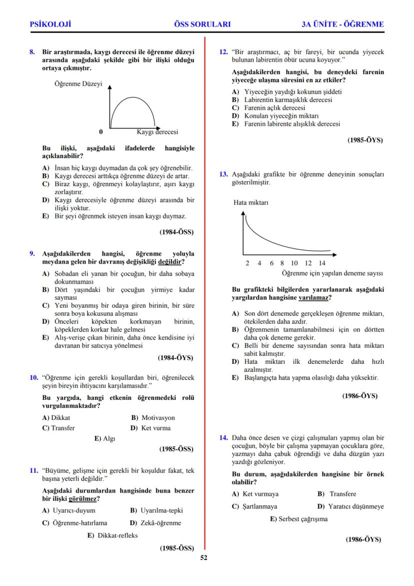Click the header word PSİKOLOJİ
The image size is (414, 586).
coord(50,24)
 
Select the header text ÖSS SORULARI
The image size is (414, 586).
coord(202,24)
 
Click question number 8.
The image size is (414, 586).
coord(32,52)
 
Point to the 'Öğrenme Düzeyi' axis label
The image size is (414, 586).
coord(78,84)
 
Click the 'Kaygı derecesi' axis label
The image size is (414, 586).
coord(157,132)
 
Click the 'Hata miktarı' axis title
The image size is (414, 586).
coord(251,203)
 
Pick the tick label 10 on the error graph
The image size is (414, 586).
coord(294,263)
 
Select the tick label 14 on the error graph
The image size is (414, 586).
coord(321,263)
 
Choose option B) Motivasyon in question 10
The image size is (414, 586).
coord(153,417)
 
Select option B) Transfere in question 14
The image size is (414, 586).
coord(336,494)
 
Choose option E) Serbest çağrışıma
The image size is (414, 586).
coord(298,519)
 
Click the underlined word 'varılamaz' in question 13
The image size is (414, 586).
coord(313,297)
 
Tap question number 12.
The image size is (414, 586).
coord(223,52)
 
